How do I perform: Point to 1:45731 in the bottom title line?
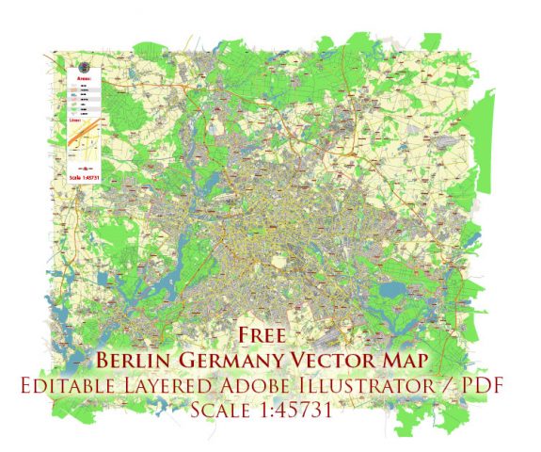300,411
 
